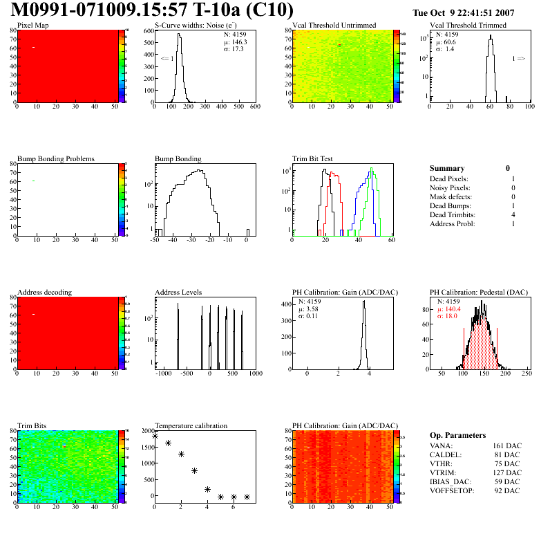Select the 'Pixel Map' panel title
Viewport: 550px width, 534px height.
(x=32, y=26)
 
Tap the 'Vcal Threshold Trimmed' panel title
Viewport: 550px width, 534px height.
(x=468, y=26)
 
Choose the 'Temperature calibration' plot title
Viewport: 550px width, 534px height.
(x=191, y=425)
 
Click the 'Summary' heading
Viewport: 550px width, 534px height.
(x=447, y=168)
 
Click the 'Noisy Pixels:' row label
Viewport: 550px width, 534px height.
(x=450, y=188)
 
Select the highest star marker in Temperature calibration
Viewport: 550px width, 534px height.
(x=155, y=436)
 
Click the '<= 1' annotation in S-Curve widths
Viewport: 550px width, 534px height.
(x=167, y=59)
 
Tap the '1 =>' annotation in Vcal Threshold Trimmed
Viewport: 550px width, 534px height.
(x=518, y=59)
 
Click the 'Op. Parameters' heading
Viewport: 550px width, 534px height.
(x=458, y=435)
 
